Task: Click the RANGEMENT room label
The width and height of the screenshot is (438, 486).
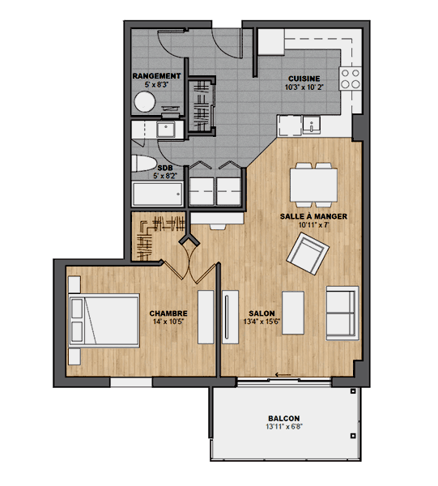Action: click(156, 76)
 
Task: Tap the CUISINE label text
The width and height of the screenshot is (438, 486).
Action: click(304, 79)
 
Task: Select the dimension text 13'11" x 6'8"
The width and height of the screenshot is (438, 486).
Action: click(284, 427)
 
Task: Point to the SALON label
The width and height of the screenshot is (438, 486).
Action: click(262, 313)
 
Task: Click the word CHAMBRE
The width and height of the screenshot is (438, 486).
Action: click(168, 313)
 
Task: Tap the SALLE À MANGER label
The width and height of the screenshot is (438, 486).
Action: click(313, 216)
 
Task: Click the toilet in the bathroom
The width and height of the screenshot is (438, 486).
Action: click(144, 164)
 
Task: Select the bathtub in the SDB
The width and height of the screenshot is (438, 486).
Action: click(157, 194)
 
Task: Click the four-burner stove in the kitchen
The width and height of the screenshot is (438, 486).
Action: click(351, 79)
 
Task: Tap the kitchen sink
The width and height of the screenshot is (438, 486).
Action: click(311, 124)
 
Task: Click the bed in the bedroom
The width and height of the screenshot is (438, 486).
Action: click(104, 321)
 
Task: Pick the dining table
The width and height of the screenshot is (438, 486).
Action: click(314, 185)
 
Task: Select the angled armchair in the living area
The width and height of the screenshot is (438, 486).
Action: click(308, 254)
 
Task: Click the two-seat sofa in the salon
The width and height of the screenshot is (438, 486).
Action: click(342, 313)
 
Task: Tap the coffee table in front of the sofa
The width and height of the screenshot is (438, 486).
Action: click(293, 313)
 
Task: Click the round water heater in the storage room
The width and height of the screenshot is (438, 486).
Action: click(145, 102)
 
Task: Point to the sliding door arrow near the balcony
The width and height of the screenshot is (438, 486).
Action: click(283, 375)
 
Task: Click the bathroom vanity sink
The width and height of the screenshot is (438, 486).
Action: click(166, 129)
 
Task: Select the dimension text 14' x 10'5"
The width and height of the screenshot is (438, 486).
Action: click(168, 322)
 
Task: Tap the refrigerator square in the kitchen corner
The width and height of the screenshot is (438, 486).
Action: click(271, 42)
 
